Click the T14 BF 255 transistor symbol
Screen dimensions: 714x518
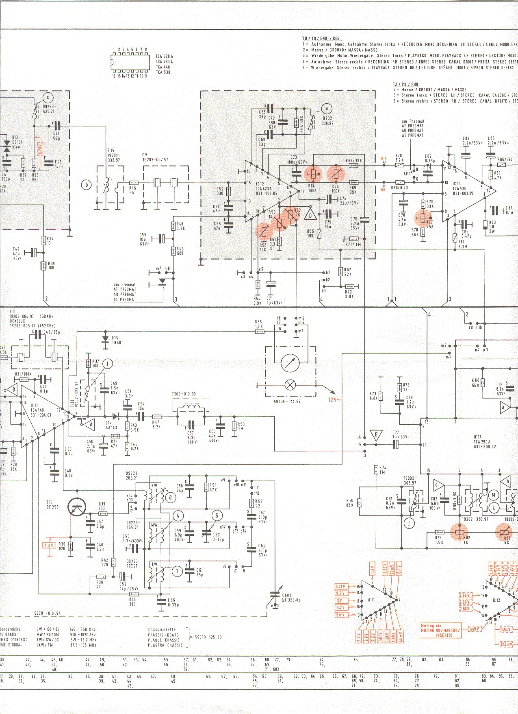(77, 507)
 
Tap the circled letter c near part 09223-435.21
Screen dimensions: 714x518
(48, 97)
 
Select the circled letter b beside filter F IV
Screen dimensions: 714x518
(86, 185)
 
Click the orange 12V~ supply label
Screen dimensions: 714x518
(334, 400)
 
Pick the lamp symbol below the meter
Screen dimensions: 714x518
(290, 385)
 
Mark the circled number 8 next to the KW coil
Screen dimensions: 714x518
(170, 497)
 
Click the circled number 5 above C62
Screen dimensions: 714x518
(217, 516)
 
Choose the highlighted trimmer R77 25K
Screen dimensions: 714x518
(423, 218)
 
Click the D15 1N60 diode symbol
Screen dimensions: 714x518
(106, 338)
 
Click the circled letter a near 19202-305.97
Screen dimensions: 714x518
(326, 108)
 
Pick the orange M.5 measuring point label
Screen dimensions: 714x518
(384, 158)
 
